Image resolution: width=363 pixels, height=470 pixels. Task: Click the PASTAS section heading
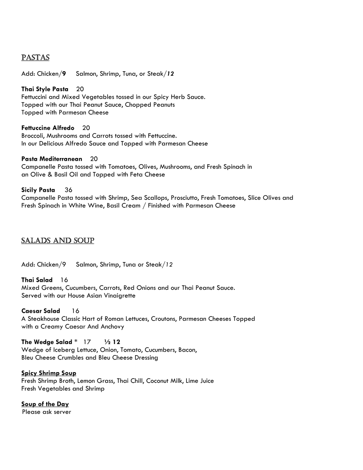35,58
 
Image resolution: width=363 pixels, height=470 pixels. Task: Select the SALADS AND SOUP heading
57,241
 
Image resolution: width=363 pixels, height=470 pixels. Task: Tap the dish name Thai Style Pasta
45,89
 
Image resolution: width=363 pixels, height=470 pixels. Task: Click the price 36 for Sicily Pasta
69,190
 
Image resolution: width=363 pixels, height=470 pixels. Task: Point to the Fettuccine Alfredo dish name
48,128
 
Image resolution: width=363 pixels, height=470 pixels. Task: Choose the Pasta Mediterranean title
52,159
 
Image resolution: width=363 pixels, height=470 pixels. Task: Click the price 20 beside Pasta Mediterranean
94,159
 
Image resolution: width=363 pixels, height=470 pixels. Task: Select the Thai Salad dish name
37,280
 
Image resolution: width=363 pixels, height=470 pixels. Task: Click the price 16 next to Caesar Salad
76,311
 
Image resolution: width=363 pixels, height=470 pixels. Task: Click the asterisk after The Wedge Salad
76,341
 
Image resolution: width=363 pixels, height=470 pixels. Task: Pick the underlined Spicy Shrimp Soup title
48,373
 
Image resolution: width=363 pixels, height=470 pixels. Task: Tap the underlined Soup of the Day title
45,404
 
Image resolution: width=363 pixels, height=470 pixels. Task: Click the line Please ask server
47,412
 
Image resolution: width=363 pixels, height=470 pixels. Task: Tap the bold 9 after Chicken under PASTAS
64,73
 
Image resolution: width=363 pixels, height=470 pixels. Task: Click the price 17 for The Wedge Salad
87,342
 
